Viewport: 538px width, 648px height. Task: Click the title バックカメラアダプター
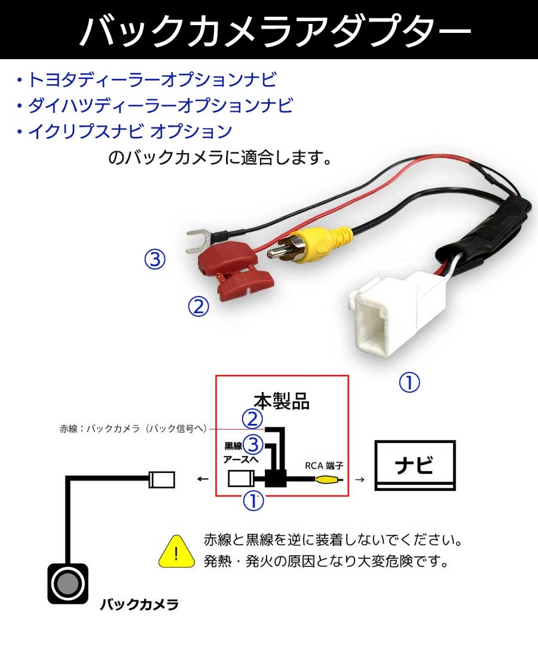(x=269, y=30)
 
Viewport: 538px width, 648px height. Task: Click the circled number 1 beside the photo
(x=409, y=383)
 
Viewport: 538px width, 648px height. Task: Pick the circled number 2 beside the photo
(x=198, y=307)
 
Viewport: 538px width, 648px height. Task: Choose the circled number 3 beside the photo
(x=154, y=259)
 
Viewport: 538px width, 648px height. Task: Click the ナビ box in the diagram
(x=414, y=465)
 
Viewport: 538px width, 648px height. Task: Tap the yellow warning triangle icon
(x=177, y=553)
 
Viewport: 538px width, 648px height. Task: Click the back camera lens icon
(x=67, y=583)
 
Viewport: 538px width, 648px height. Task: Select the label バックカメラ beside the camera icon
(x=139, y=604)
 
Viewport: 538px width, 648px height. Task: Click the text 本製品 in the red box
(x=282, y=400)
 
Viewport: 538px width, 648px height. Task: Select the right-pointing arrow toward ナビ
(x=359, y=479)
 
